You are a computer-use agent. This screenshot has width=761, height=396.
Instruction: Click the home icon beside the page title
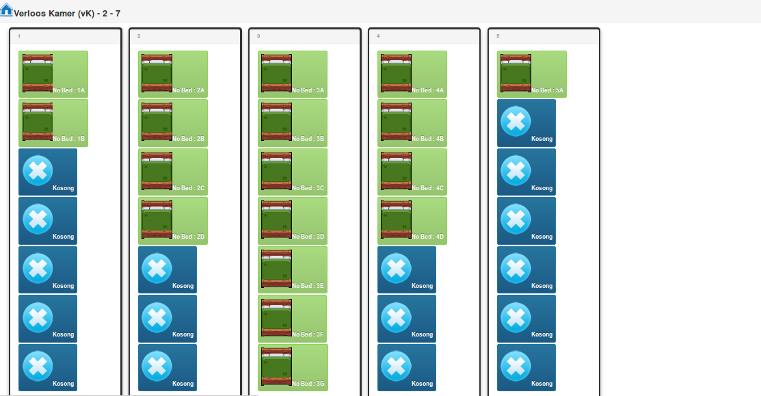pos(6,9)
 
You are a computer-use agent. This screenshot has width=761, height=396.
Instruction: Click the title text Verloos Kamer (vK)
pos(54,14)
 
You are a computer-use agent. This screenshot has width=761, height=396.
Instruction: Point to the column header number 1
pos(19,36)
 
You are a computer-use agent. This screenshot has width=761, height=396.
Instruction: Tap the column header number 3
pos(258,36)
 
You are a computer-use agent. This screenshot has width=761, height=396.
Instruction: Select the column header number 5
pos(498,36)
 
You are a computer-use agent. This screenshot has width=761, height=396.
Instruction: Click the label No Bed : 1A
pos(69,90)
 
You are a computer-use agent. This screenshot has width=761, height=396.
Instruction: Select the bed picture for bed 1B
pos(38,122)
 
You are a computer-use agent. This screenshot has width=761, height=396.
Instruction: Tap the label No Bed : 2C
pos(188,188)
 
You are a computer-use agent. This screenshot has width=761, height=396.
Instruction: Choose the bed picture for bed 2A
pos(157,73)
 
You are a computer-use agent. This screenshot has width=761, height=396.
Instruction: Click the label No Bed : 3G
pos(308,384)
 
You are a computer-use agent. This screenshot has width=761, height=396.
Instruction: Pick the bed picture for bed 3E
pos(277,269)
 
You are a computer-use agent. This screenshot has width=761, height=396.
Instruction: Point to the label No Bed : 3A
pos(308,90)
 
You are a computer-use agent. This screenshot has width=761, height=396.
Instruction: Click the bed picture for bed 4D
pos(396,220)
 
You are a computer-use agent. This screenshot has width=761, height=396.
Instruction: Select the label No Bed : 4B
pos(427,139)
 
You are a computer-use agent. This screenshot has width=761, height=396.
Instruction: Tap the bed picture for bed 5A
pos(516,73)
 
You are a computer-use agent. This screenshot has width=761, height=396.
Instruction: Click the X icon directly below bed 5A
pos(516,121)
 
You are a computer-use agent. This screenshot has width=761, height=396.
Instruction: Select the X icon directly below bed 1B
pos(38,170)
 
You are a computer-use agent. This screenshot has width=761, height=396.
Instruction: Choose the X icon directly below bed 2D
pos(157,268)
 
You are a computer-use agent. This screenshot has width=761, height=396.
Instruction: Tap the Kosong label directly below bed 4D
pos(423,286)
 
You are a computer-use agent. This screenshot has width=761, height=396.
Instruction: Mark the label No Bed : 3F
pos(308,334)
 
